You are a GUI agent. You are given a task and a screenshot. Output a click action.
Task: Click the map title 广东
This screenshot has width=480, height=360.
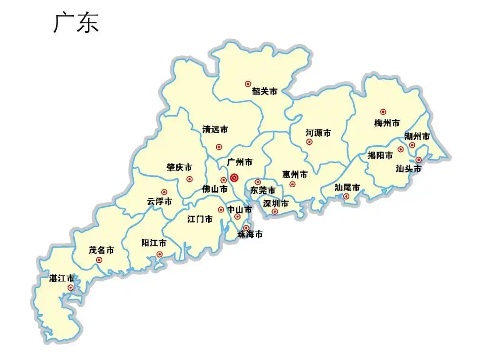coord(76,23)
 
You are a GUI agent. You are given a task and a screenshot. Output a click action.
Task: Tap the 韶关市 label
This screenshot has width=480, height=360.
coord(265,91)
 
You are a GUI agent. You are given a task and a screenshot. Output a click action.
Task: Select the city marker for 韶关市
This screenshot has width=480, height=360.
coord(248,84)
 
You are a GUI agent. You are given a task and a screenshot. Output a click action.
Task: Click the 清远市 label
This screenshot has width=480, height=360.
coord(215,130)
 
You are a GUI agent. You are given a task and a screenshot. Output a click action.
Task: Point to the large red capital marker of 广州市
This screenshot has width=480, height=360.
coord(234,178)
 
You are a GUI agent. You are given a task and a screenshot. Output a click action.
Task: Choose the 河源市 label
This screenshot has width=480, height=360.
coord(318,133)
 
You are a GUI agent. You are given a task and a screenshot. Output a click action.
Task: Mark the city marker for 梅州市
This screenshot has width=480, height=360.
coord(383,112)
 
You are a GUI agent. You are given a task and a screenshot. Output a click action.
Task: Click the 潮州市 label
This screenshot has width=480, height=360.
coord(417,136)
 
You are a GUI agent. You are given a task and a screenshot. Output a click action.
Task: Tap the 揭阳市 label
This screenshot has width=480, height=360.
coord(380,156)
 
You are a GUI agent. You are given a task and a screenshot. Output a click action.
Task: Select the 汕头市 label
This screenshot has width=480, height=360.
coord(408,169)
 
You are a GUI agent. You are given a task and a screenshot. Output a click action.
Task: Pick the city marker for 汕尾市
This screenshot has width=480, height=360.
coord(346,196)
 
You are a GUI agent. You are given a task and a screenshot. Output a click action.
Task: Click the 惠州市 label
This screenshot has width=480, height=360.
coord(295,174)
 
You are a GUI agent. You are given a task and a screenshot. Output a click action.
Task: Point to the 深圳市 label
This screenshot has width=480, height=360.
coord(276,203)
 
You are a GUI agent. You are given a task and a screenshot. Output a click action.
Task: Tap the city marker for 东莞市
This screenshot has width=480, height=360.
coord(258,182)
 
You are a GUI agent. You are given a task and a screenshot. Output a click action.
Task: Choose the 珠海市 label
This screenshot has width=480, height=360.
coord(250,234)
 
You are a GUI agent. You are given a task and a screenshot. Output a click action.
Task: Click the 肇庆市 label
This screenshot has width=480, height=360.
coord(179,167)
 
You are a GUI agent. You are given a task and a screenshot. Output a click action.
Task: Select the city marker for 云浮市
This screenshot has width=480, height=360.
coord(164,192)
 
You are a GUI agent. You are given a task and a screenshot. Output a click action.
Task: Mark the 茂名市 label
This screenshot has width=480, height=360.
coord(101,250)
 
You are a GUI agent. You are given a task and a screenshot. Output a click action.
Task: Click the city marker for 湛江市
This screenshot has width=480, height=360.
coord(71,288)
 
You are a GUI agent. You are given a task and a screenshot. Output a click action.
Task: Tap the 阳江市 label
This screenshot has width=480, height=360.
coord(154,243)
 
